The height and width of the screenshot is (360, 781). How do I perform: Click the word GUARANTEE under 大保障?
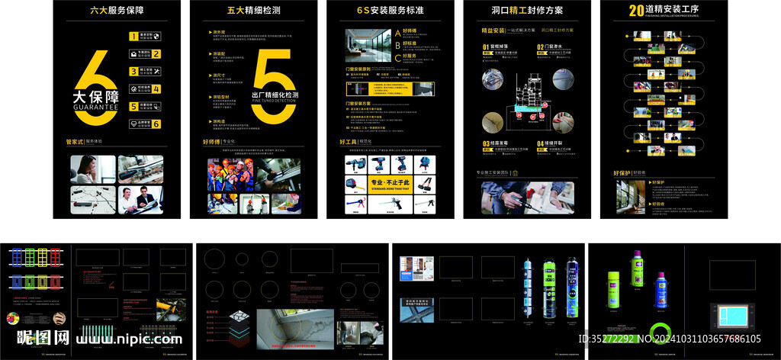95,108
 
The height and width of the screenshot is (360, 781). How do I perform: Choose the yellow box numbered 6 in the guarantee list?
156,124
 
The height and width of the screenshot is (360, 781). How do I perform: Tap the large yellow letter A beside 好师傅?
397,34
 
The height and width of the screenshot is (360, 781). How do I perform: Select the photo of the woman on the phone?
92,169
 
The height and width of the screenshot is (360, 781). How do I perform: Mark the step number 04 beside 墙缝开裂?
540,143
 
